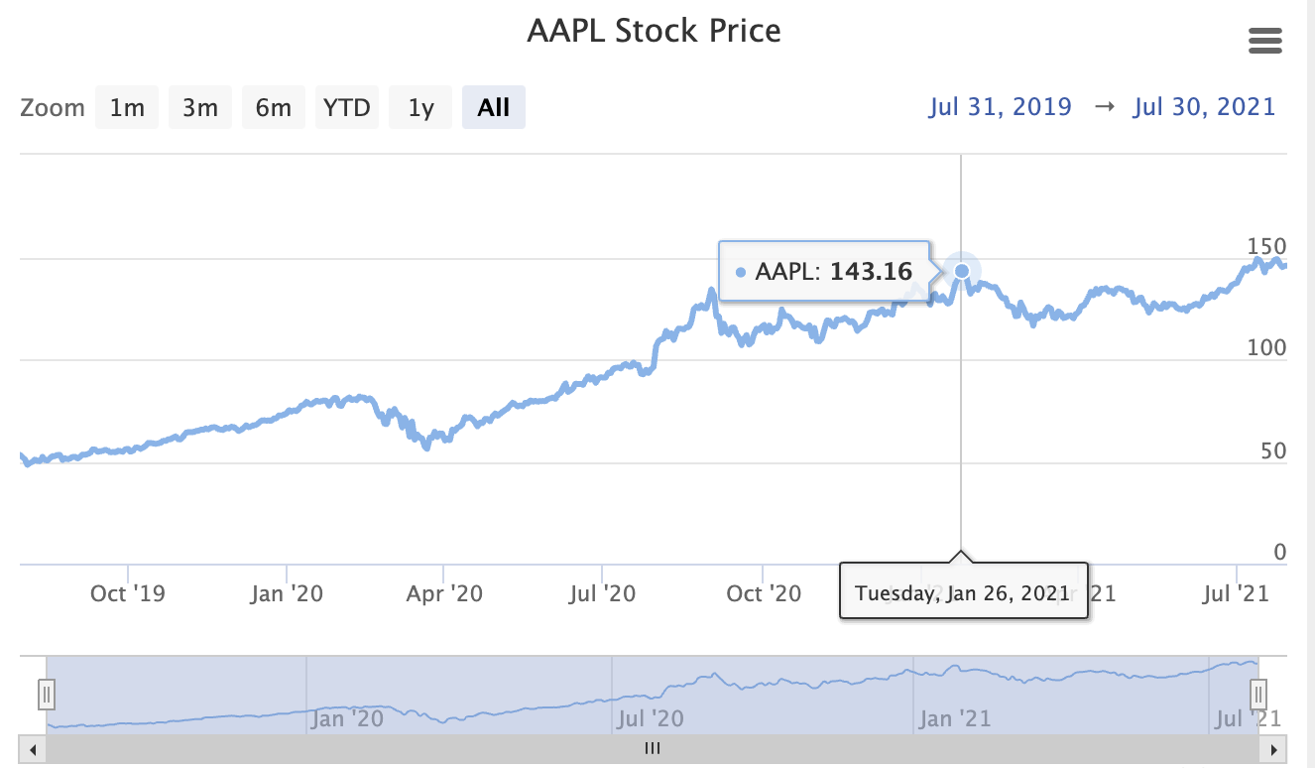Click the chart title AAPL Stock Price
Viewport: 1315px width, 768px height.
[654, 31]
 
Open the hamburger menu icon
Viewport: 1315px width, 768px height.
[1265, 41]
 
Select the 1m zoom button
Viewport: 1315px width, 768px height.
[127, 108]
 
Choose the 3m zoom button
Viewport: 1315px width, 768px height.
[199, 108]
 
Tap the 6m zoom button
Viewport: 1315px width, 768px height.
[273, 108]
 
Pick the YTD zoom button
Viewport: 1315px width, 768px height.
[347, 108]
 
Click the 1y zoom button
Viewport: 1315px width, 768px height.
[420, 108]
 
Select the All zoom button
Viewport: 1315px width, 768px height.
[493, 108]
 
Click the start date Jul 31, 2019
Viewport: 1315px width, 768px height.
[1000, 107]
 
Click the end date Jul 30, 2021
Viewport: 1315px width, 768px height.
[1204, 107]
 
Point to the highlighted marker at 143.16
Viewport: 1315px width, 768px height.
[961, 270]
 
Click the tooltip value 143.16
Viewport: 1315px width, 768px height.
[871, 271]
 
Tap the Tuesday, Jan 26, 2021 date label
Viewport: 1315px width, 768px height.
[963, 593]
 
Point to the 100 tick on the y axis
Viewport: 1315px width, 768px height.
[1265, 348]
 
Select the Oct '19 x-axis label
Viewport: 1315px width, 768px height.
[127, 593]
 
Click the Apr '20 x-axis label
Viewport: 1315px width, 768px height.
[445, 593]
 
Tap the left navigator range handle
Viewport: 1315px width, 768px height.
[47, 694]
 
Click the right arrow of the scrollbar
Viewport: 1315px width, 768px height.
[1275, 749]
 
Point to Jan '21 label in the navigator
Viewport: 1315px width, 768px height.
[955, 717]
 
